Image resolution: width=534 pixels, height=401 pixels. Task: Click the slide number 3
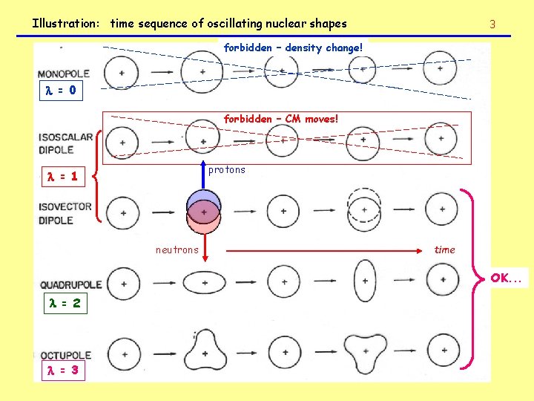click(492, 25)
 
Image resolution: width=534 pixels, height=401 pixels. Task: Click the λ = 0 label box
click(62, 92)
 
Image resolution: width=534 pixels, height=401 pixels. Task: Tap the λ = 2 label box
click(67, 304)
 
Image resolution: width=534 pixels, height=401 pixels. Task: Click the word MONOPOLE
click(64, 74)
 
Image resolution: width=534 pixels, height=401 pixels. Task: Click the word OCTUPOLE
click(66, 356)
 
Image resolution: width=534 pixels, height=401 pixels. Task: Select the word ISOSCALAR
click(66, 137)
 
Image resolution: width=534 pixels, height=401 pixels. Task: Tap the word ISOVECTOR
click(65, 207)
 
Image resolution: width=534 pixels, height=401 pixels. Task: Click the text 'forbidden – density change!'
click(293, 48)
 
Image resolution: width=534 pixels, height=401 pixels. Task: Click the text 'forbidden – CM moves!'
click(281, 118)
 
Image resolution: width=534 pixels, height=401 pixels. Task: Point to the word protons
click(226, 170)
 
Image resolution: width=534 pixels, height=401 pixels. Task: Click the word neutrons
click(177, 250)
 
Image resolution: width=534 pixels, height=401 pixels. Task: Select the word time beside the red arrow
click(445, 250)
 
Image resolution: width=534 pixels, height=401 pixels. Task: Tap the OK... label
click(505, 278)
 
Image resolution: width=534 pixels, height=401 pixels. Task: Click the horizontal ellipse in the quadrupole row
click(203, 283)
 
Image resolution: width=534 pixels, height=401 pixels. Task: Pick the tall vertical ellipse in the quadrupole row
click(364, 283)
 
